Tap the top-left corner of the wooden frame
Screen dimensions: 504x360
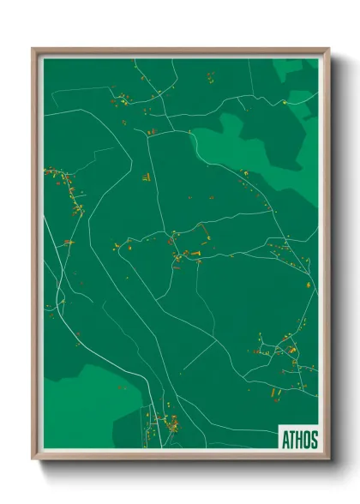(34, 50)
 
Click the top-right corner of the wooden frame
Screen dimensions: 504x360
(327, 50)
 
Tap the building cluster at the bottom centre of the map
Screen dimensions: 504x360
(167, 422)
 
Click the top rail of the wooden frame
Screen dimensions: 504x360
(180, 51)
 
